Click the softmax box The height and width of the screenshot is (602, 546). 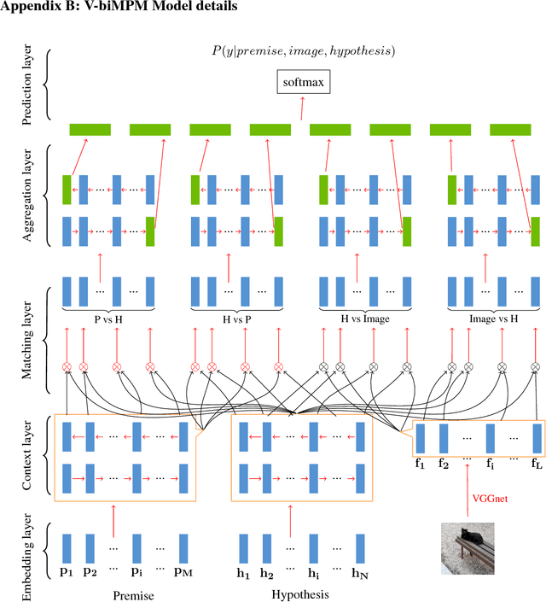click(x=302, y=84)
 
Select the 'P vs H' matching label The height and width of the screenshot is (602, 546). click(x=107, y=319)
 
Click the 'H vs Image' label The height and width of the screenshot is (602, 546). click(x=364, y=319)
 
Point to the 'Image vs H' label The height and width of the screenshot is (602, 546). click(x=493, y=319)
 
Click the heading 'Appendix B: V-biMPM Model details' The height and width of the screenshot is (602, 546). click(x=119, y=8)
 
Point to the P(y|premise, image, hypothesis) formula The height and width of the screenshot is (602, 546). click(x=303, y=51)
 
